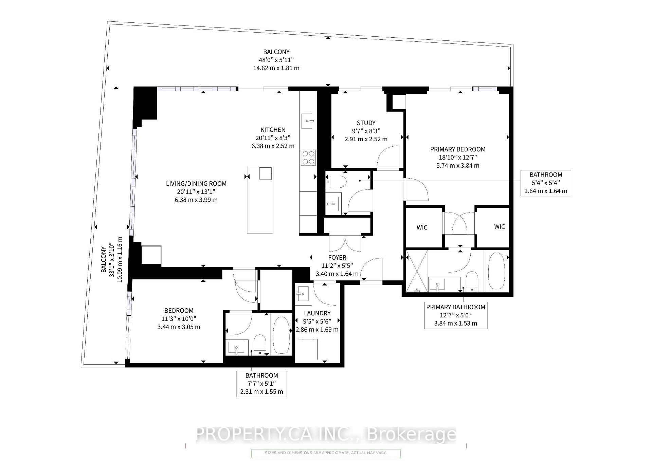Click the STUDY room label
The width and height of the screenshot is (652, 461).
coord(366,123)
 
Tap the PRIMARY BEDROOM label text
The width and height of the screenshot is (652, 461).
coord(457,149)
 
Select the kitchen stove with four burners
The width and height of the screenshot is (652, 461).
coord(308,158)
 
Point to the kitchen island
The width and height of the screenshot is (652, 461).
coord(260,200)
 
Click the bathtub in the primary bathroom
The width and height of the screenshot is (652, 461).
coord(496,271)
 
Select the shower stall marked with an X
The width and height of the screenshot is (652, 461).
coord(417,271)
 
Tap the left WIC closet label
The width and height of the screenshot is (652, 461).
coord(422,227)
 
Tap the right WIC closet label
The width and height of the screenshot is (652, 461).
coord(499,227)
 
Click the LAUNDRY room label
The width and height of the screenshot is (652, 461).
coord(317,313)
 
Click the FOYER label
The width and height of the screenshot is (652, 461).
coord(337,258)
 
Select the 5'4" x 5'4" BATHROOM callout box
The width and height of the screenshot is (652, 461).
coord(546,183)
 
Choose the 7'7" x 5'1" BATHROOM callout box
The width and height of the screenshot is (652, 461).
coord(261,384)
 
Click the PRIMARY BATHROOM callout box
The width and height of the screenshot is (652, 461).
coord(455,315)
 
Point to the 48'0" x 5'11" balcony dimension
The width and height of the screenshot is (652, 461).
coord(276,60)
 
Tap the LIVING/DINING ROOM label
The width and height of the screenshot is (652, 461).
coord(196,184)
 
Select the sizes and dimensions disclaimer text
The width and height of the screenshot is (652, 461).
coord(325,453)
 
